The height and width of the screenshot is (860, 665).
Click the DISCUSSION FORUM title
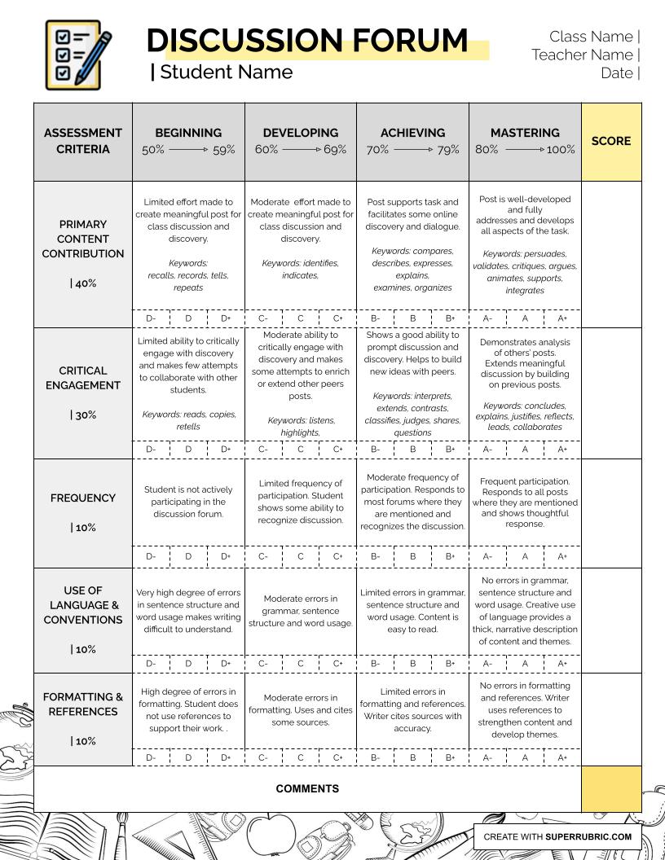307,40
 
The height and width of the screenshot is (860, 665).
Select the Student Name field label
226,72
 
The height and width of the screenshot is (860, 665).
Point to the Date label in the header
617,72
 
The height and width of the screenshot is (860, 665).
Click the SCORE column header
611,141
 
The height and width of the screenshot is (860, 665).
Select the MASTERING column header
525,133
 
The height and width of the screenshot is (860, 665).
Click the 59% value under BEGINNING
224,150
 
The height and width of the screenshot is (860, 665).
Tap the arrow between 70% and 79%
412,150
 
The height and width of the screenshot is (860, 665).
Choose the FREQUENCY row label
83,498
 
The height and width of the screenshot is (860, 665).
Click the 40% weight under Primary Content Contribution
84,283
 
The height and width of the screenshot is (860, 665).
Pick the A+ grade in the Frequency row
562,556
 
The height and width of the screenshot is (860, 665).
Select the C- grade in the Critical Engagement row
263,449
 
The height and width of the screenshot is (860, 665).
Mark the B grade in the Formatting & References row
413,757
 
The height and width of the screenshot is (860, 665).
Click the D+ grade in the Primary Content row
226,318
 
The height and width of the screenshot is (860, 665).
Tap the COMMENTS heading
307,788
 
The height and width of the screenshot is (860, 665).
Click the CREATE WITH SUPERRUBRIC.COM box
557,836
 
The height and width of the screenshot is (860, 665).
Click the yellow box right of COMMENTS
611,788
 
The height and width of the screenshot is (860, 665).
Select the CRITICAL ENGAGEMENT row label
83,378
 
